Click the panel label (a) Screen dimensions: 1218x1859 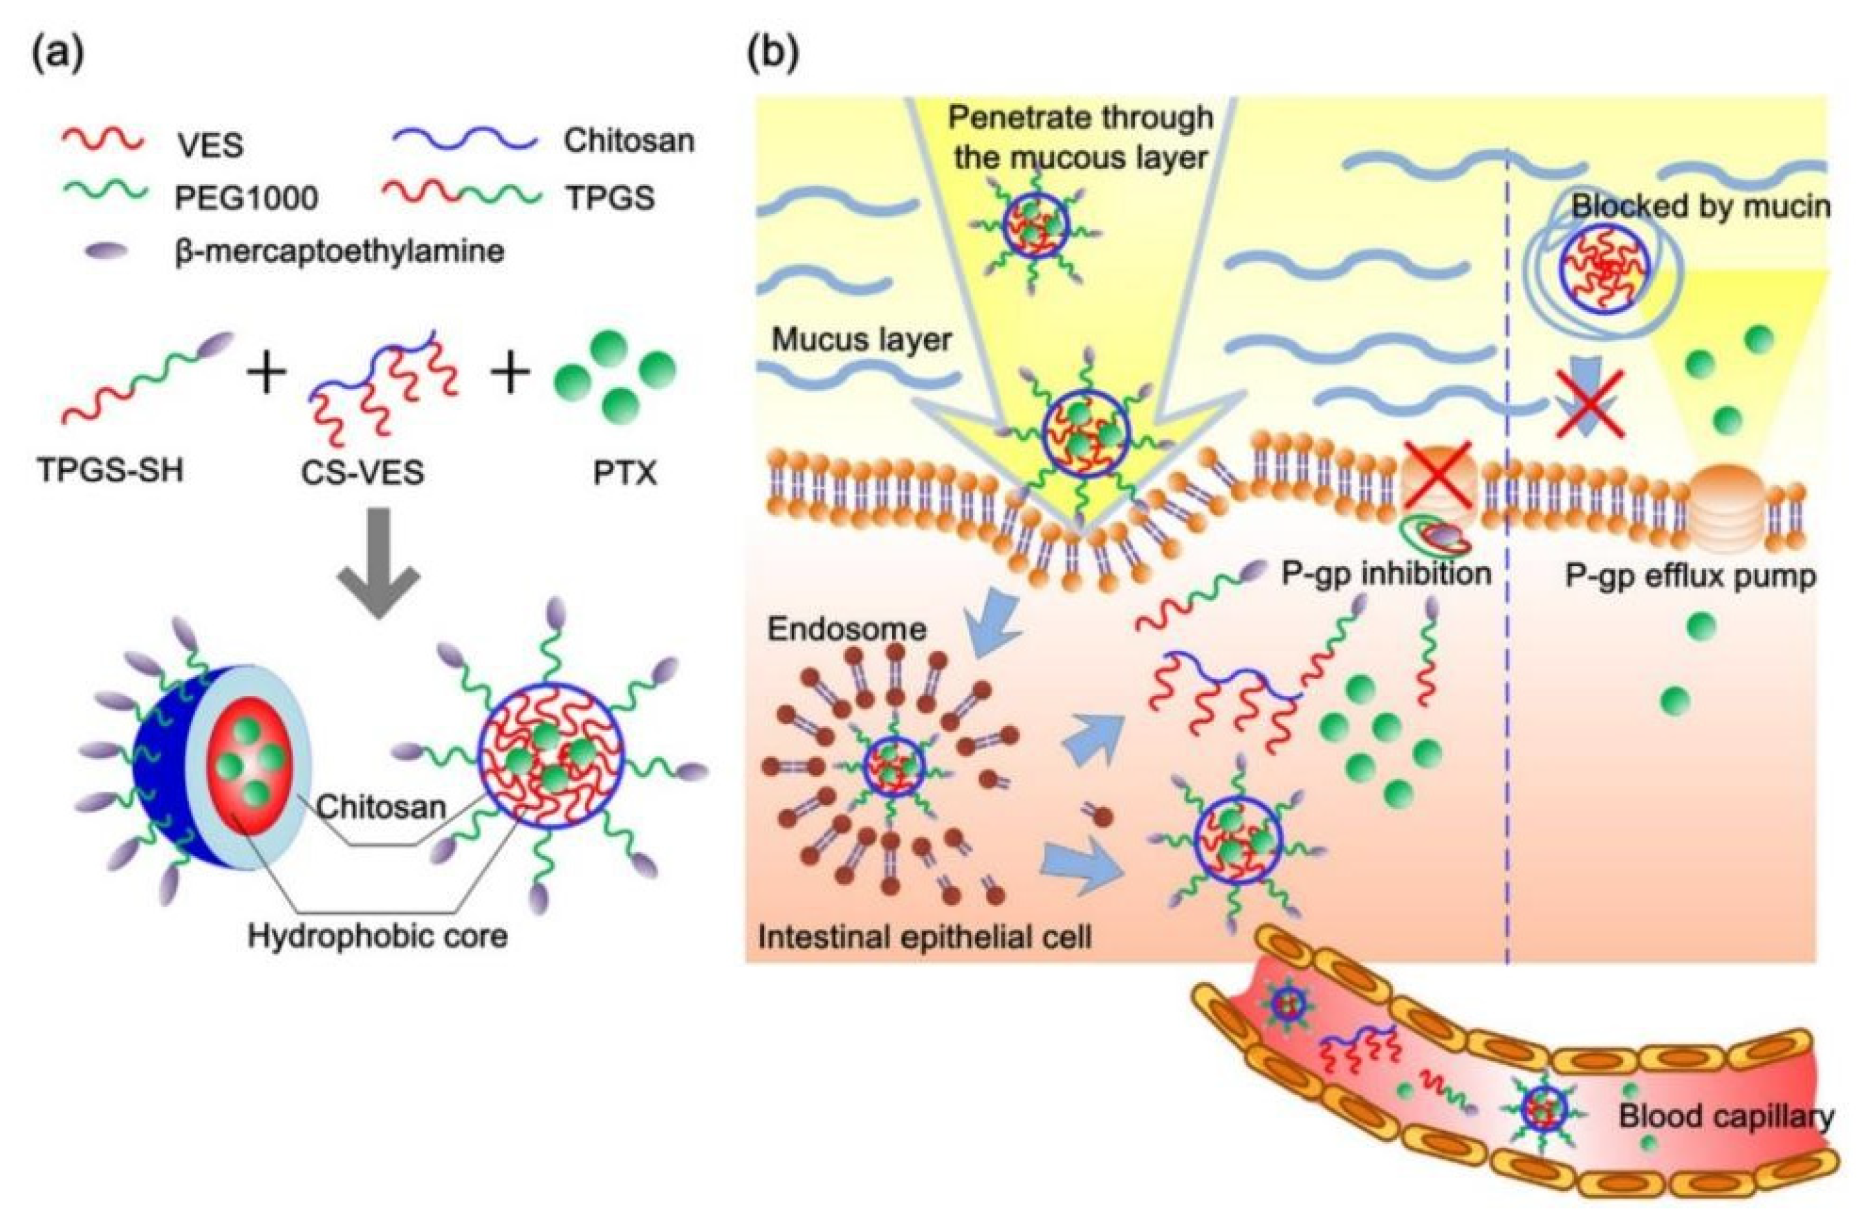click(x=58, y=55)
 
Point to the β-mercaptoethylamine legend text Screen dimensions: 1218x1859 click(x=339, y=251)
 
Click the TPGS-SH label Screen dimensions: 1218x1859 click(x=110, y=473)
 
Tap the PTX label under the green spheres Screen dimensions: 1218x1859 click(x=624, y=473)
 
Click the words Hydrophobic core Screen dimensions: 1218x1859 click(x=378, y=934)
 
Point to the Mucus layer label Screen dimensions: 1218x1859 click(x=862, y=340)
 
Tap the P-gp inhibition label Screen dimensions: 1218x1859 click(x=1387, y=574)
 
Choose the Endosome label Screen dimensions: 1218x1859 click(x=847, y=628)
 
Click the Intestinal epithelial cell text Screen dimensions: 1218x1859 click(x=925, y=937)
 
